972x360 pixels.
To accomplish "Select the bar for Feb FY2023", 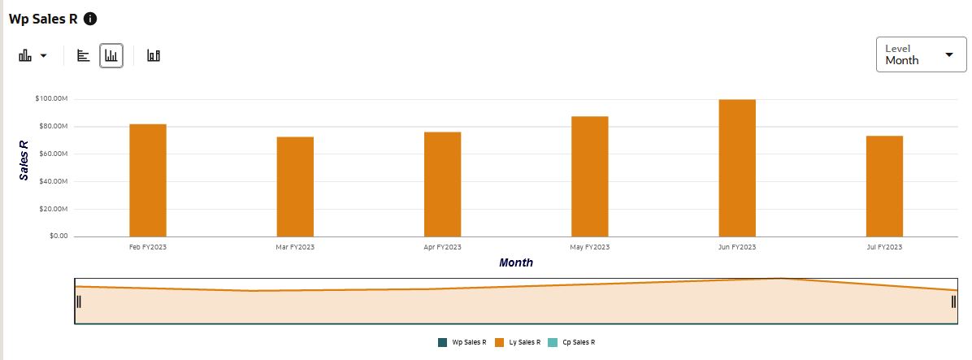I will pos(148,180).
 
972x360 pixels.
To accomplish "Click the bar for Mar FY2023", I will pos(295,186).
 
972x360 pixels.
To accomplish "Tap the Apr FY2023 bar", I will pos(442,184).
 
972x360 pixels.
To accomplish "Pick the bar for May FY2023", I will pos(589,176).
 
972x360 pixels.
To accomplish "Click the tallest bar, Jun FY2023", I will pos(737,167).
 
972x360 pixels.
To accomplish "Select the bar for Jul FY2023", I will pos(884,186).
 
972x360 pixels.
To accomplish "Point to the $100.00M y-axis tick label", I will pos(51,99).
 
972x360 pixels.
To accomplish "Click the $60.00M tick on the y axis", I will pos(53,154).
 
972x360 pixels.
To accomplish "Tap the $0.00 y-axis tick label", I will pos(57,236).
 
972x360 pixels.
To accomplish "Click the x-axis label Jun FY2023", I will pos(737,247).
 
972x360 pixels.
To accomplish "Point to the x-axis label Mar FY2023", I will pos(295,247).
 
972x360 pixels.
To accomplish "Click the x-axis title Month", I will pos(516,262).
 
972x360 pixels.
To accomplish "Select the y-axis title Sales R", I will pos(24,159).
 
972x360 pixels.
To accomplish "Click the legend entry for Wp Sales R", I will pos(462,343).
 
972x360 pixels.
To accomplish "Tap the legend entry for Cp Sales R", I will pos(572,343).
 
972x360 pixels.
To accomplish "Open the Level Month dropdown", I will pos(921,54).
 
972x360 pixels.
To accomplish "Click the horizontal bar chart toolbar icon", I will pos(83,55).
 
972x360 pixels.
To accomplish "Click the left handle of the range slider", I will pos(78,301).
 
